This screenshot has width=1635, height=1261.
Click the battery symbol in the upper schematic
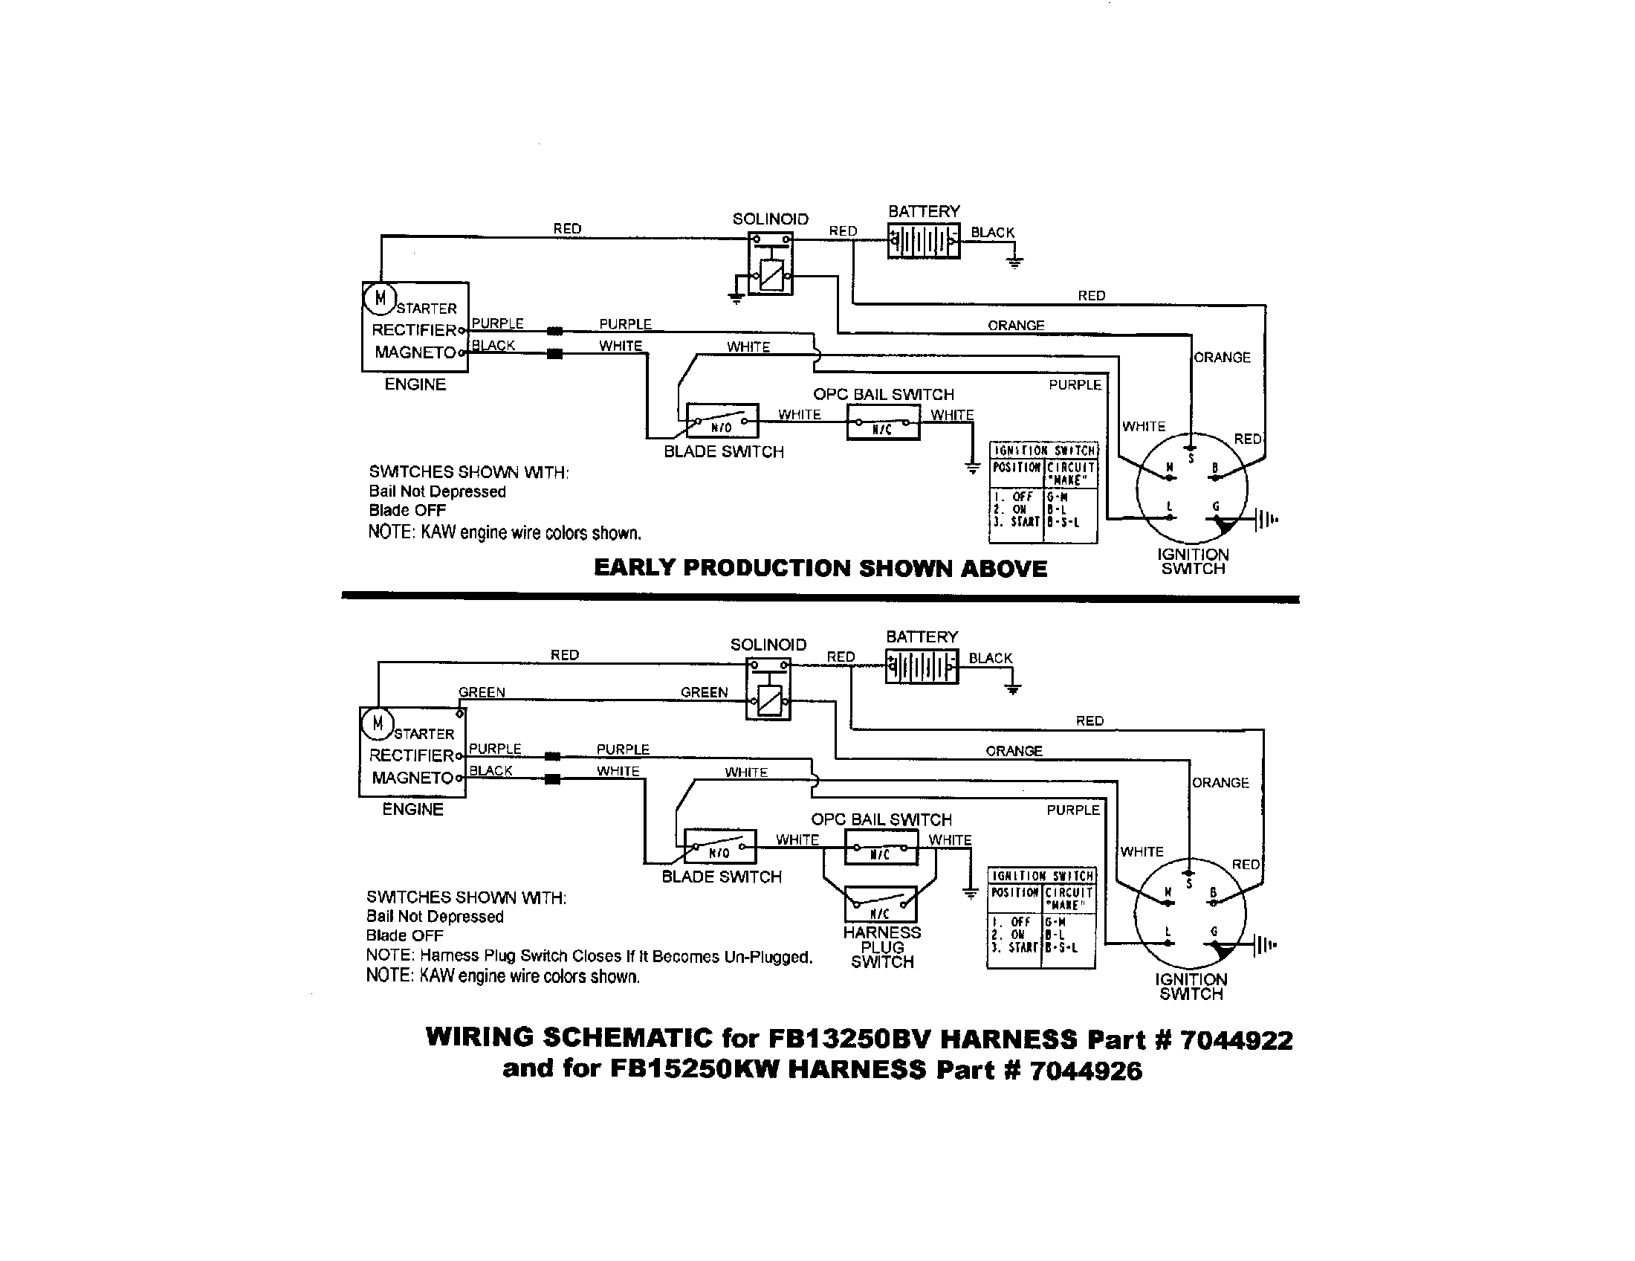[x=923, y=242]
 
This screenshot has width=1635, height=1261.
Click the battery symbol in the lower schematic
[x=921, y=666]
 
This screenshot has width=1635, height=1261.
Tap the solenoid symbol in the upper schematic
[x=771, y=265]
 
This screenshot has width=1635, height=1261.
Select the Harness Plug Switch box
[x=881, y=905]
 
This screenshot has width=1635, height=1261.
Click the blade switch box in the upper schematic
[x=722, y=421]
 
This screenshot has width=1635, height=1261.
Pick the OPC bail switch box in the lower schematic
[x=881, y=847]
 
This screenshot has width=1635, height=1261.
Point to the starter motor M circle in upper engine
[x=380, y=298]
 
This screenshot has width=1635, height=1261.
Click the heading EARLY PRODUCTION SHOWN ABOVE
[x=820, y=568]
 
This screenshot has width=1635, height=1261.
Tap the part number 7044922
[x=1236, y=1040]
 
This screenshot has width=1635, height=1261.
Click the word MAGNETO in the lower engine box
[x=412, y=778]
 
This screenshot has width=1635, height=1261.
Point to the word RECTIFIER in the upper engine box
[x=414, y=330]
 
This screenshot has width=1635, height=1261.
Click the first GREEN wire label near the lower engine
[x=482, y=692]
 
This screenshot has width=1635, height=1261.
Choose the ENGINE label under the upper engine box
[x=415, y=384]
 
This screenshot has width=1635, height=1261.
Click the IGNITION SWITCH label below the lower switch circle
[x=1191, y=987]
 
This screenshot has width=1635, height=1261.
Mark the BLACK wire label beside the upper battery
[x=992, y=232]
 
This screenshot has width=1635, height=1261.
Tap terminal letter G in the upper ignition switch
[x=1216, y=507]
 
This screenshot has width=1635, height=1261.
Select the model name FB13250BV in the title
[x=849, y=1039]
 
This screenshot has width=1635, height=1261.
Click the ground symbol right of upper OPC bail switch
[x=972, y=468]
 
